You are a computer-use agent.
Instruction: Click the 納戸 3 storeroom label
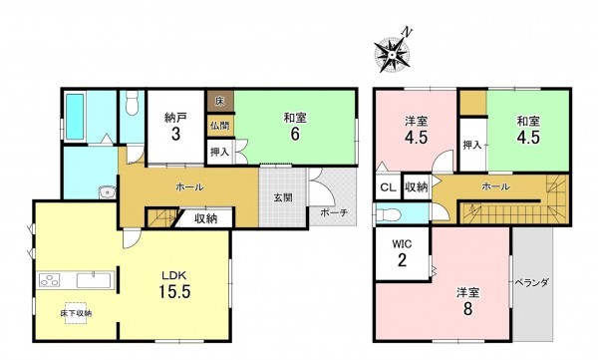click(174, 125)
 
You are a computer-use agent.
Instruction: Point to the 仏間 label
click(219, 126)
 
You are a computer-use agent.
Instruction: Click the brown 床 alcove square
click(218, 101)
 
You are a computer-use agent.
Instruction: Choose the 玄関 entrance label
click(283, 197)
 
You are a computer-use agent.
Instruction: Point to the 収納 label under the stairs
click(206, 218)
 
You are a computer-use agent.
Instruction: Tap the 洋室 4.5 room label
click(416, 130)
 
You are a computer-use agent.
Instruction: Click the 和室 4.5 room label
click(528, 130)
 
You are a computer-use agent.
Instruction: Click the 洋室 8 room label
click(465, 299)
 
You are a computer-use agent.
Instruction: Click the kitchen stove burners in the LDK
click(50, 279)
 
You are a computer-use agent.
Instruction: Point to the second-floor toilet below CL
click(389, 215)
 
